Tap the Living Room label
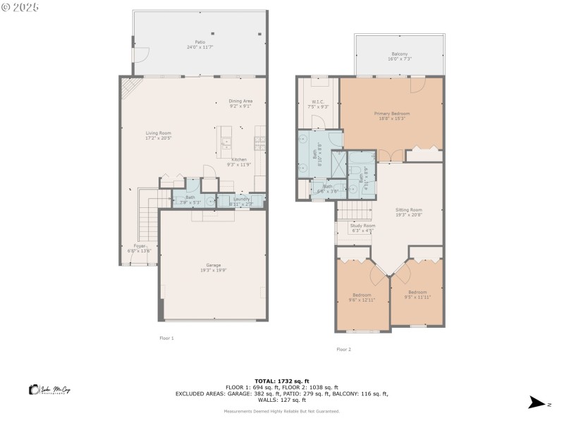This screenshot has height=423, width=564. pos(159,133)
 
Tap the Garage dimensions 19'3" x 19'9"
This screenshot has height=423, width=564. pos(214,269)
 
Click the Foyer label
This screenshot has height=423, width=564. pos(137,246)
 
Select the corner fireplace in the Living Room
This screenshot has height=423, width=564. pos(128,87)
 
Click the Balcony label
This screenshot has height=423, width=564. pos(400,54)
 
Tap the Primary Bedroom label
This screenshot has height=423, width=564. pos(391,114)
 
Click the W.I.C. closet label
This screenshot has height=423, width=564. pos(318,102)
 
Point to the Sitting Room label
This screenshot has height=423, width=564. pos(408,210)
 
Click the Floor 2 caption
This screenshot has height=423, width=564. pos(343,349)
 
